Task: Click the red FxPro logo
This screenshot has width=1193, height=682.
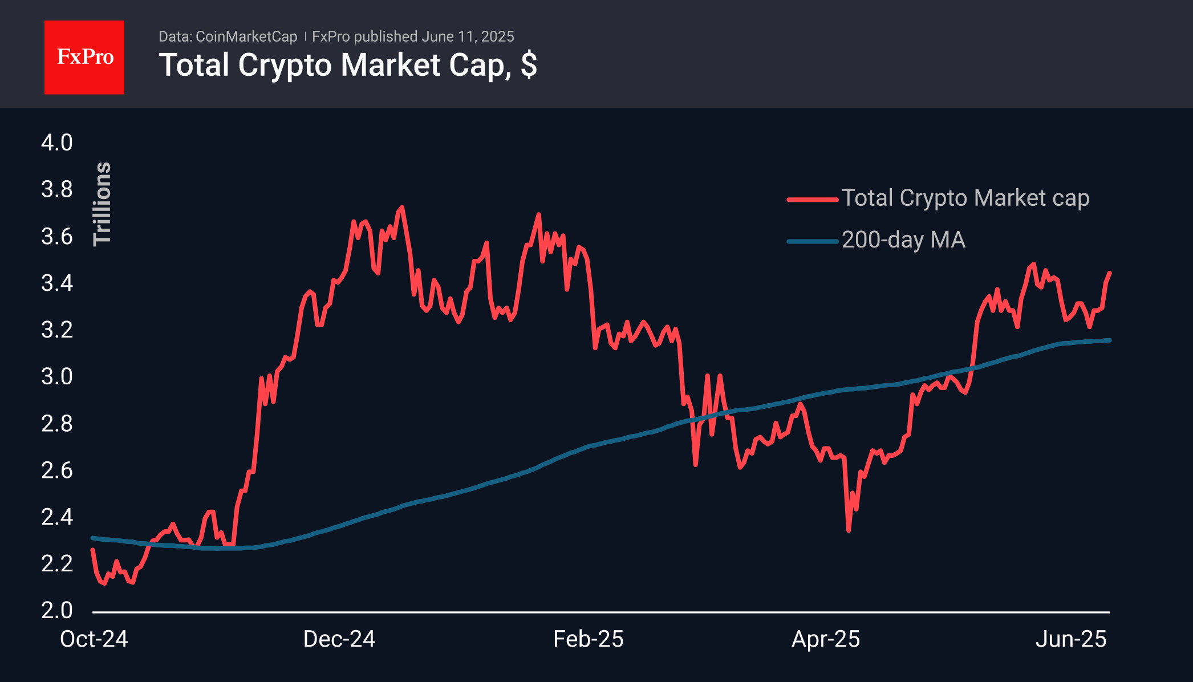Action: [84, 57]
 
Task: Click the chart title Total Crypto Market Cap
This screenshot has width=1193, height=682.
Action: [347, 65]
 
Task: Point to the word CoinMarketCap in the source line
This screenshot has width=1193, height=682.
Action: [246, 36]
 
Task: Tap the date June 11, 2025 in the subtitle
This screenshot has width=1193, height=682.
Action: [468, 36]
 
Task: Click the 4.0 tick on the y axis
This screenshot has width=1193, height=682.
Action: [57, 143]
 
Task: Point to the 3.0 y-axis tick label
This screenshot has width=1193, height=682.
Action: [57, 376]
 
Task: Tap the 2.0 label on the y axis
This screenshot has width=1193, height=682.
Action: [57, 610]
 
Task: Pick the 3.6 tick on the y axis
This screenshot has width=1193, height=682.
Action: [57, 236]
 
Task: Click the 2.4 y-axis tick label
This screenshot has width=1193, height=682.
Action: [57, 517]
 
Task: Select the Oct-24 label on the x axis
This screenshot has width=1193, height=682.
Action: [94, 639]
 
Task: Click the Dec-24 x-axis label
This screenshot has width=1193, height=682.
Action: [339, 639]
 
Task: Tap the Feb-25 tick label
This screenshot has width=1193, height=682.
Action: [589, 639]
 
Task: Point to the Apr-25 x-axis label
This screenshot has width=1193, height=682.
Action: [826, 639]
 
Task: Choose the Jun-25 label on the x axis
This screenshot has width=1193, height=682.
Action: [1071, 639]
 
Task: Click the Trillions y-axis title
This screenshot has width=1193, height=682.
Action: [103, 204]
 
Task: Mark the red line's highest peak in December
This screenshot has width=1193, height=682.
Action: [403, 208]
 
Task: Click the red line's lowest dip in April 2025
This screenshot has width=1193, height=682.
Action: [849, 530]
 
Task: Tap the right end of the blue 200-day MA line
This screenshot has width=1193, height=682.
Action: [1109, 340]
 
